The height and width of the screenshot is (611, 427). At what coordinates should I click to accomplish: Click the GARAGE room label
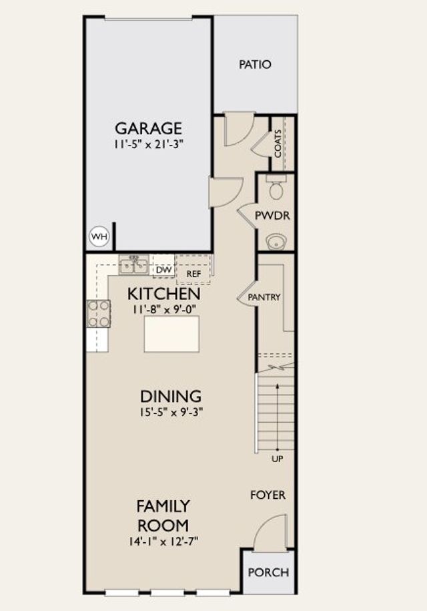(x=148, y=128)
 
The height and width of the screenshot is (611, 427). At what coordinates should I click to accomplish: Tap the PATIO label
(x=255, y=64)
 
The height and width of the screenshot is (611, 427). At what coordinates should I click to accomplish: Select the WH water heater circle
(x=99, y=236)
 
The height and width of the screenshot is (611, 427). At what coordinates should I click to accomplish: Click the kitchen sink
(x=134, y=265)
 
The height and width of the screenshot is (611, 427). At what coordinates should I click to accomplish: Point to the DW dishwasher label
(x=164, y=270)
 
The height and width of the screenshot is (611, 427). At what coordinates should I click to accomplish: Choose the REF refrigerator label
(x=193, y=274)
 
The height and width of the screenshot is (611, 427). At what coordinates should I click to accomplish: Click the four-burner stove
(x=99, y=314)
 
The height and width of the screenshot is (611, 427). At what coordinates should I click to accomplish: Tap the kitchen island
(x=171, y=334)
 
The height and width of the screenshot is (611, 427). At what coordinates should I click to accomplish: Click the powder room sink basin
(x=276, y=242)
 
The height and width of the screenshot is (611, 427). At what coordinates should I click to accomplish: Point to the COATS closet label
(x=278, y=144)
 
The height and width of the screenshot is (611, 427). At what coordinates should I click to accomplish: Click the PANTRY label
(x=264, y=297)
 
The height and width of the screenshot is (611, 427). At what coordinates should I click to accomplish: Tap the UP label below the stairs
(x=277, y=459)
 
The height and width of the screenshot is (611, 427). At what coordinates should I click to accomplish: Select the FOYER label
(x=268, y=495)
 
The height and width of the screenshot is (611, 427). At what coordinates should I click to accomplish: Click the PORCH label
(x=269, y=572)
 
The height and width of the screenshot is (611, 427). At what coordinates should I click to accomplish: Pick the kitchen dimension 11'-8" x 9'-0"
(x=164, y=310)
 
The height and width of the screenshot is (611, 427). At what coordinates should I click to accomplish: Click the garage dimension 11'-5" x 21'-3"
(x=148, y=144)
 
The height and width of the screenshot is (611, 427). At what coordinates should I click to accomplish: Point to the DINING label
(x=171, y=396)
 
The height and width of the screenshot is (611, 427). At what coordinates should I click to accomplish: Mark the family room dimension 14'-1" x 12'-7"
(x=164, y=542)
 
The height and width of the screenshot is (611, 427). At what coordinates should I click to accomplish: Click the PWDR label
(x=272, y=216)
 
